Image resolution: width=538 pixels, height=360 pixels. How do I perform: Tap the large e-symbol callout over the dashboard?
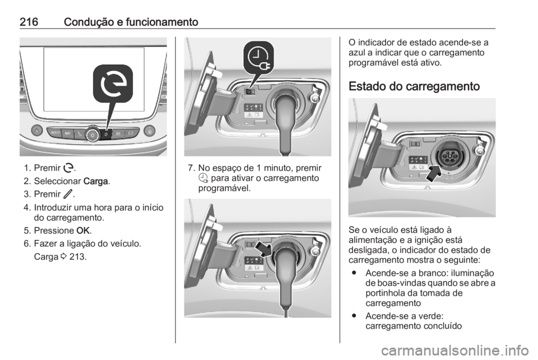pos(113,84)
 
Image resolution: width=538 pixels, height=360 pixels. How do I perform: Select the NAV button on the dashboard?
pos(68,133)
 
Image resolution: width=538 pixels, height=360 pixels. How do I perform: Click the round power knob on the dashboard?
pos(93,134)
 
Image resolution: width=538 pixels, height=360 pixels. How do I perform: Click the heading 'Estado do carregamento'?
pos(414,87)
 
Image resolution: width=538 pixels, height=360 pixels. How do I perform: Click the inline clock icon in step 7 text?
pos(203,178)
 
